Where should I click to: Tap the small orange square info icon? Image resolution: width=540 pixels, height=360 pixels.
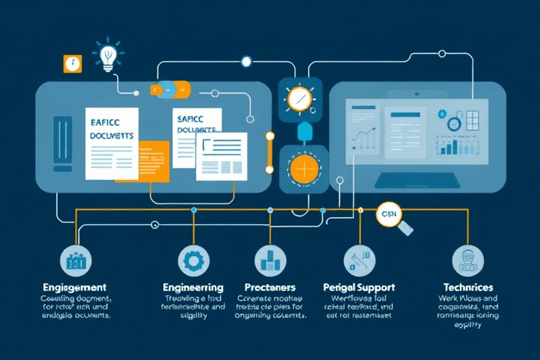pyautogui.click(x=71, y=63)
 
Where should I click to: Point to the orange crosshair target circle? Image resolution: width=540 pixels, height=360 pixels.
pyautogui.click(x=304, y=169)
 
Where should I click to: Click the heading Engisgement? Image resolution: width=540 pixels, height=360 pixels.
pyautogui.click(x=74, y=288)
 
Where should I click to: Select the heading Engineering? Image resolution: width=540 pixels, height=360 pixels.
pyautogui.click(x=193, y=288)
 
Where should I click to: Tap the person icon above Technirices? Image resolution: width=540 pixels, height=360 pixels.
pyautogui.click(x=465, y=259)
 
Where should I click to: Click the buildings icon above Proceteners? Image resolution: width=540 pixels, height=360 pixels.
pyautogui.click(x=269, y=261)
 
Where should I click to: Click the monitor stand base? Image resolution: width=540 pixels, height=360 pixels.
pyautogui.click(x=417, y=181)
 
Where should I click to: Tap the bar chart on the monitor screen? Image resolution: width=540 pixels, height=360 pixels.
pyautogui.click(x=456, y=146)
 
